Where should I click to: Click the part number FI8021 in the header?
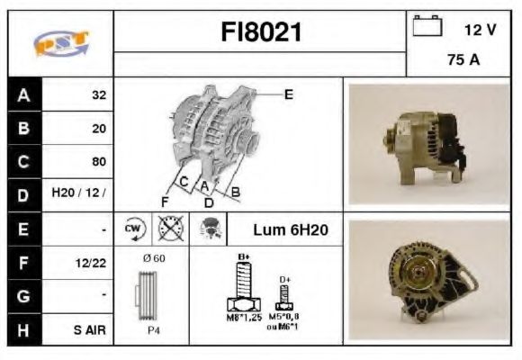(x=261, y=32)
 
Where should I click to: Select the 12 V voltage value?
(x=479, y=30)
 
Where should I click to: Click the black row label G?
(x=23, y=296)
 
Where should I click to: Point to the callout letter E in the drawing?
(x=288, y=93)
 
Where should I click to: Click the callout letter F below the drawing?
(x=165, y=200)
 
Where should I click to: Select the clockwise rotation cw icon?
(x=134, y=229)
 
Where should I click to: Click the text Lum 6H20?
(x=290, y=230)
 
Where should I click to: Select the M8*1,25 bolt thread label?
(x=242, y=317)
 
